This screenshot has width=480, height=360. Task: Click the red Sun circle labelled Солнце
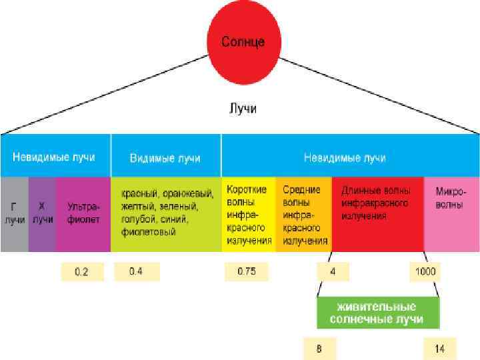point(243,41)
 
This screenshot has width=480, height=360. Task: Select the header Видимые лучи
point(165,158)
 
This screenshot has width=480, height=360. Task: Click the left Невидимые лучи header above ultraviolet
point(53,157)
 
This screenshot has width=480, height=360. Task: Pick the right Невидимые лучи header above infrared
point(345,158)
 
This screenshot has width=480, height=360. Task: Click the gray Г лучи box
point(14,213)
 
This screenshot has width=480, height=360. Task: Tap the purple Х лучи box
point(42,213)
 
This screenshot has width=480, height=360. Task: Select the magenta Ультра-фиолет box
point(83,213)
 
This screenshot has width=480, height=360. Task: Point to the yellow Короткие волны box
point(249,213)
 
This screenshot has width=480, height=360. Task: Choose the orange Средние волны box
point(305,213)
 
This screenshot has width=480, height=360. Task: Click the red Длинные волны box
point(377,213)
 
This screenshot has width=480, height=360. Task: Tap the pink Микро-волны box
point(451,213)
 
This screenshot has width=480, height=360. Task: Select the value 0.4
point(136,271)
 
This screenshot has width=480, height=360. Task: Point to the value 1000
point(425,271)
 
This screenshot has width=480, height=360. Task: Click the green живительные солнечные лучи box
point(378,313)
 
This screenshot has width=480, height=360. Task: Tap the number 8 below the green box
point(320,348)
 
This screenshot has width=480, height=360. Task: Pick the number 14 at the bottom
point(441,348)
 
